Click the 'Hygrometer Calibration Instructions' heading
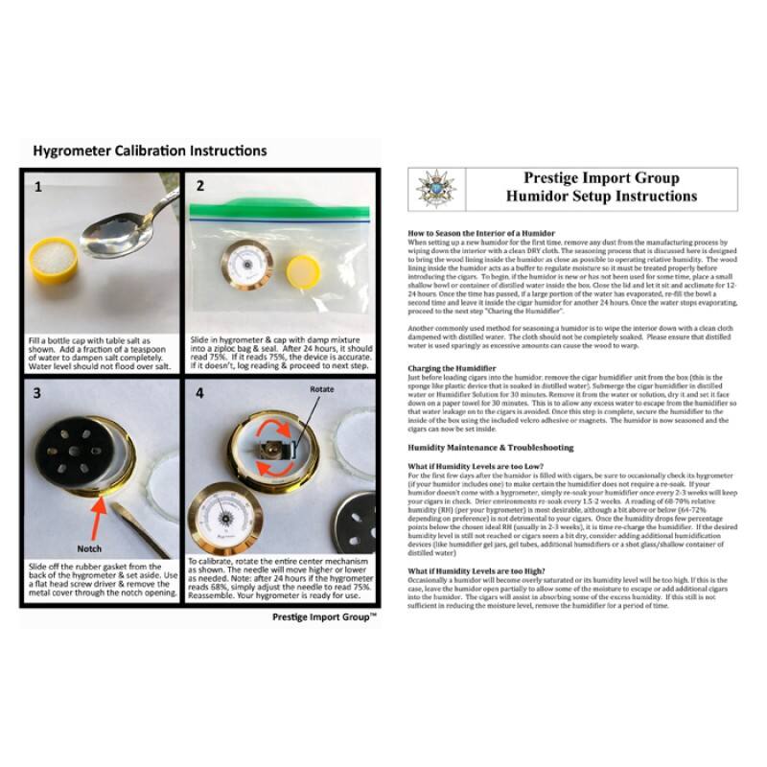tap(150, 151)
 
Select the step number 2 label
tap(200, 186)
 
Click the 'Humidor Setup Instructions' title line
tap(602, 197)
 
